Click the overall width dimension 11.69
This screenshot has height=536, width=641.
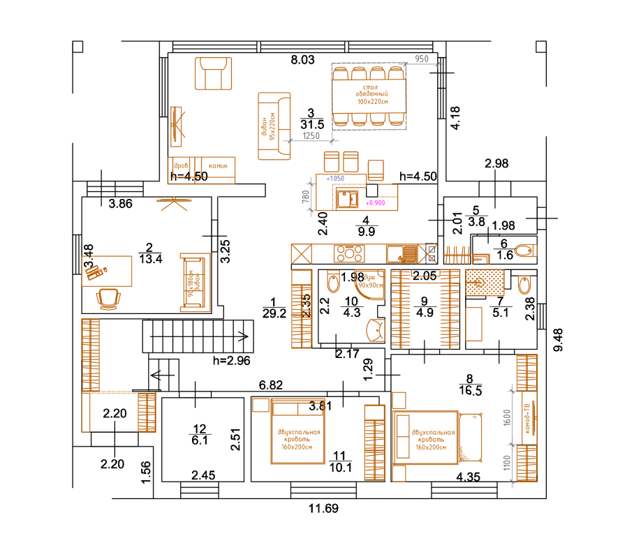pos(323,509)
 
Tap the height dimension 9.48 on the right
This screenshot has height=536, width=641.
pos(557,340)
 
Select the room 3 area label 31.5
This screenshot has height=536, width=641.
pos(311,124)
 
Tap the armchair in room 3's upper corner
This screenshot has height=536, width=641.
pos(214,74)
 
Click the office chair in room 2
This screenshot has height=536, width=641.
pos(109,298)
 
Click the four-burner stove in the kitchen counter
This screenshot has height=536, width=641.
pos(349,251)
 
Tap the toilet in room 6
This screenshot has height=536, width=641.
pos(528,249)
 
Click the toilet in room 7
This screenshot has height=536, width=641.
pos(525,284)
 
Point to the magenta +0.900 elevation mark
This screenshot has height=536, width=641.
pos(375,202)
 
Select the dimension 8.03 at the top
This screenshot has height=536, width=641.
pos(302,61)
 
